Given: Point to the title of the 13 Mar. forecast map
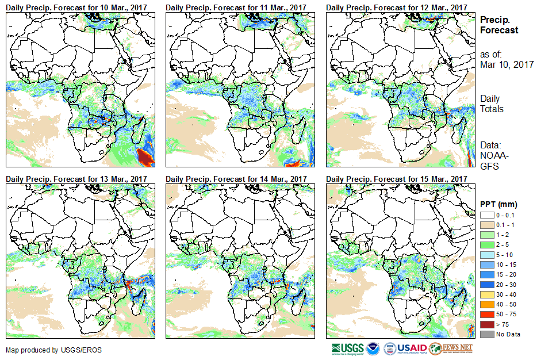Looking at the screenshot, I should [x=76, y=179].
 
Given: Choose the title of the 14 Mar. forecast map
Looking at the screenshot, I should [x=236, y=179].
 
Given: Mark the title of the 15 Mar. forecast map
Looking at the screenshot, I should [x=397, y=179].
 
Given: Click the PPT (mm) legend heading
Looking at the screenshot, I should [x=499, y=204].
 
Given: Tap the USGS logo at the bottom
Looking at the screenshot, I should [x=348, y=348].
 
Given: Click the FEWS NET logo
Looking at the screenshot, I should [x=451, y=348].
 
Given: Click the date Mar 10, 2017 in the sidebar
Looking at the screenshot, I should [x=507, y=64].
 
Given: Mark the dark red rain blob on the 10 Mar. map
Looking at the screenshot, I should [x=146, y=156].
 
